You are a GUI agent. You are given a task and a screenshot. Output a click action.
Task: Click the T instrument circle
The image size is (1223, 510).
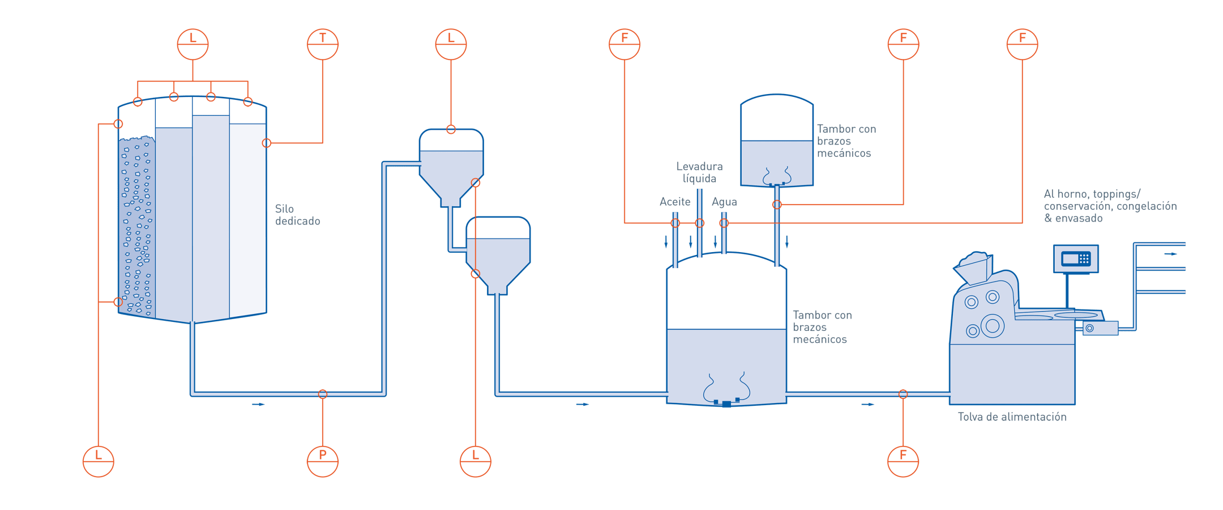323,44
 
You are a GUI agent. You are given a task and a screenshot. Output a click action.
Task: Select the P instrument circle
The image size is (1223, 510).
323,461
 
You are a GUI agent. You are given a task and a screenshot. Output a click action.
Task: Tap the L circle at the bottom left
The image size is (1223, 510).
99,461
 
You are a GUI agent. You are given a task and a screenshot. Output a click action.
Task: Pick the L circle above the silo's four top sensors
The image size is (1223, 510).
193,44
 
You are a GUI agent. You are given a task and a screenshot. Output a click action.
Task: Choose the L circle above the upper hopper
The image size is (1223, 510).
451,44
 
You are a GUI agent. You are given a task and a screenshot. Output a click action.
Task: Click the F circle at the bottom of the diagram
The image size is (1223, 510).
903,461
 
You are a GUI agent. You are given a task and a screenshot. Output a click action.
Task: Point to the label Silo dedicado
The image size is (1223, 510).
298,215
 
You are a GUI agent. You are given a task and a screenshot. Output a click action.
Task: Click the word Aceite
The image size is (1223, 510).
675,202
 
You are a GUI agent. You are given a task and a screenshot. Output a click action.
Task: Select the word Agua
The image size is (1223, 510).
724,202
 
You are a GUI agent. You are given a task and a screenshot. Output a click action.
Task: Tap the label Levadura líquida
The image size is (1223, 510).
699,172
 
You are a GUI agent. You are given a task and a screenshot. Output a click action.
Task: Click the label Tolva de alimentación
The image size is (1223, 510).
1012,417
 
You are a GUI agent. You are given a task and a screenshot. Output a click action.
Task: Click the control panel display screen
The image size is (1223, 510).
1076,259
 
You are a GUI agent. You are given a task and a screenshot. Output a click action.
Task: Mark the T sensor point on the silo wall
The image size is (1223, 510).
267,143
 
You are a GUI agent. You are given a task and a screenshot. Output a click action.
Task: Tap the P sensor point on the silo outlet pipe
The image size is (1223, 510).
323,394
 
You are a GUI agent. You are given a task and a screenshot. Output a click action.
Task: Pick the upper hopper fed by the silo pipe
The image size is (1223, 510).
451,164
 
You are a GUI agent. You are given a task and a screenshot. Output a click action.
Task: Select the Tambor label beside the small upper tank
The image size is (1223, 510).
846,141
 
